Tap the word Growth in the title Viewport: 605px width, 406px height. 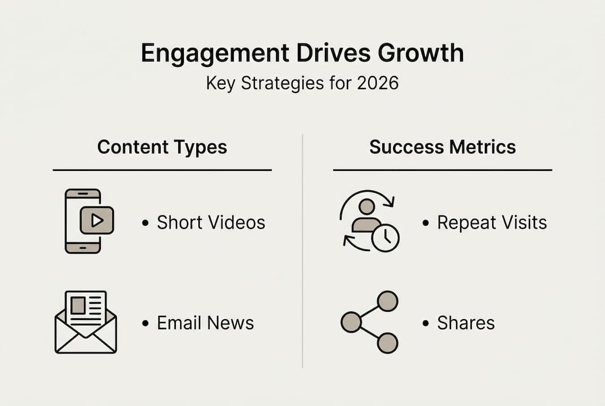[x=421, y=53]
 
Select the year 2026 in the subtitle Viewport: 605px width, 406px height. [x=378, y=83]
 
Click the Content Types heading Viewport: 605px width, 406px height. [x=162, y=147]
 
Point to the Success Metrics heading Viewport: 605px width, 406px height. [x=443, y=147]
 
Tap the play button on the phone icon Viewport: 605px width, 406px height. [x=97, y=220]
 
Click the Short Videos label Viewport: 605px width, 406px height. [x=211, y=223]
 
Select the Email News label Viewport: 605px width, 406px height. [x=205, y=323]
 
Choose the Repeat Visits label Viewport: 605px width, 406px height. [x=492, y=223]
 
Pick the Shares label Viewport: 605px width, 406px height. [x=466, y=323]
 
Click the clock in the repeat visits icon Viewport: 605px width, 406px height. [x=386, y=238]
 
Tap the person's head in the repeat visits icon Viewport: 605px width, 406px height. [x=366, y=207]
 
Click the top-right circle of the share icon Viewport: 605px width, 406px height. [x=387, y=301]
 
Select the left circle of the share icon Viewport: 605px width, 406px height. [x=351, y=322]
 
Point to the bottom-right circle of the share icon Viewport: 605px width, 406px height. [x=387, y=343]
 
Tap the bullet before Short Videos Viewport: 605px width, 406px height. [x=145, y=223]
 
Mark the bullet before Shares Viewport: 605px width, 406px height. [x=426, y=324]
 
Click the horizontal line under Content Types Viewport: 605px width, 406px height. [x=162, y=170]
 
